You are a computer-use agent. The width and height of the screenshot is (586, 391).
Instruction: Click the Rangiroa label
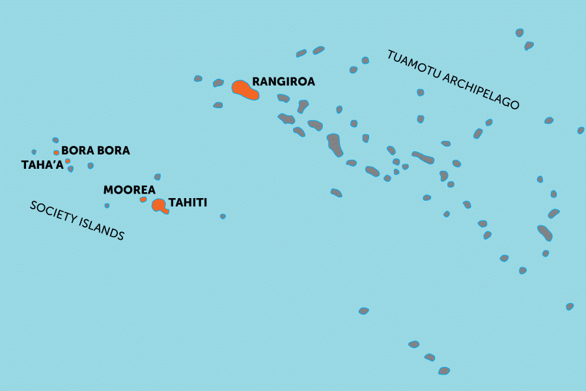[x=283, y=82]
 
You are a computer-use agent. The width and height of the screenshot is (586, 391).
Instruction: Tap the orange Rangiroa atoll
[x=245, y=90]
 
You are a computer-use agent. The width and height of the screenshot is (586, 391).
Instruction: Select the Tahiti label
[x=188, y=203]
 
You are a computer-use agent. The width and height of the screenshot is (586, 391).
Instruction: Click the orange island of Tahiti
[x=158, y=205]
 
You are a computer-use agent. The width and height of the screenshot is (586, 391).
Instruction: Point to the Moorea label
[x=129, y=190]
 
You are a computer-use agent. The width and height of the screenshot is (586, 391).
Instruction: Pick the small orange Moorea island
[x=143, y=199]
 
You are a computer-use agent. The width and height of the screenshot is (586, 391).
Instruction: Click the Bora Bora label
[x=95, y=151]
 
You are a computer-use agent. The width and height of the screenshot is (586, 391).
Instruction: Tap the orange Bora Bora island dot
[x=57, y=153]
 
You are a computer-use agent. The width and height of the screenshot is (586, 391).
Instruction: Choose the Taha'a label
[x=42, y=165]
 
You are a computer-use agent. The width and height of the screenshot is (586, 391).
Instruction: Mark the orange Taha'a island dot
[x=68, y=161]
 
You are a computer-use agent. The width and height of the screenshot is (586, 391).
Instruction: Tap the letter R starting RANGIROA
[x=256, y=82]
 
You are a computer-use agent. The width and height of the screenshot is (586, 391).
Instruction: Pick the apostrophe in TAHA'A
[x=54, y=162]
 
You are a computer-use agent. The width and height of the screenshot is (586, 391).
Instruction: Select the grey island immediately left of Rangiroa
[x=218, y=83]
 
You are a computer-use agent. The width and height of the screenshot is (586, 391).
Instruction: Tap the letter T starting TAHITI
[x=171, y=203]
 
